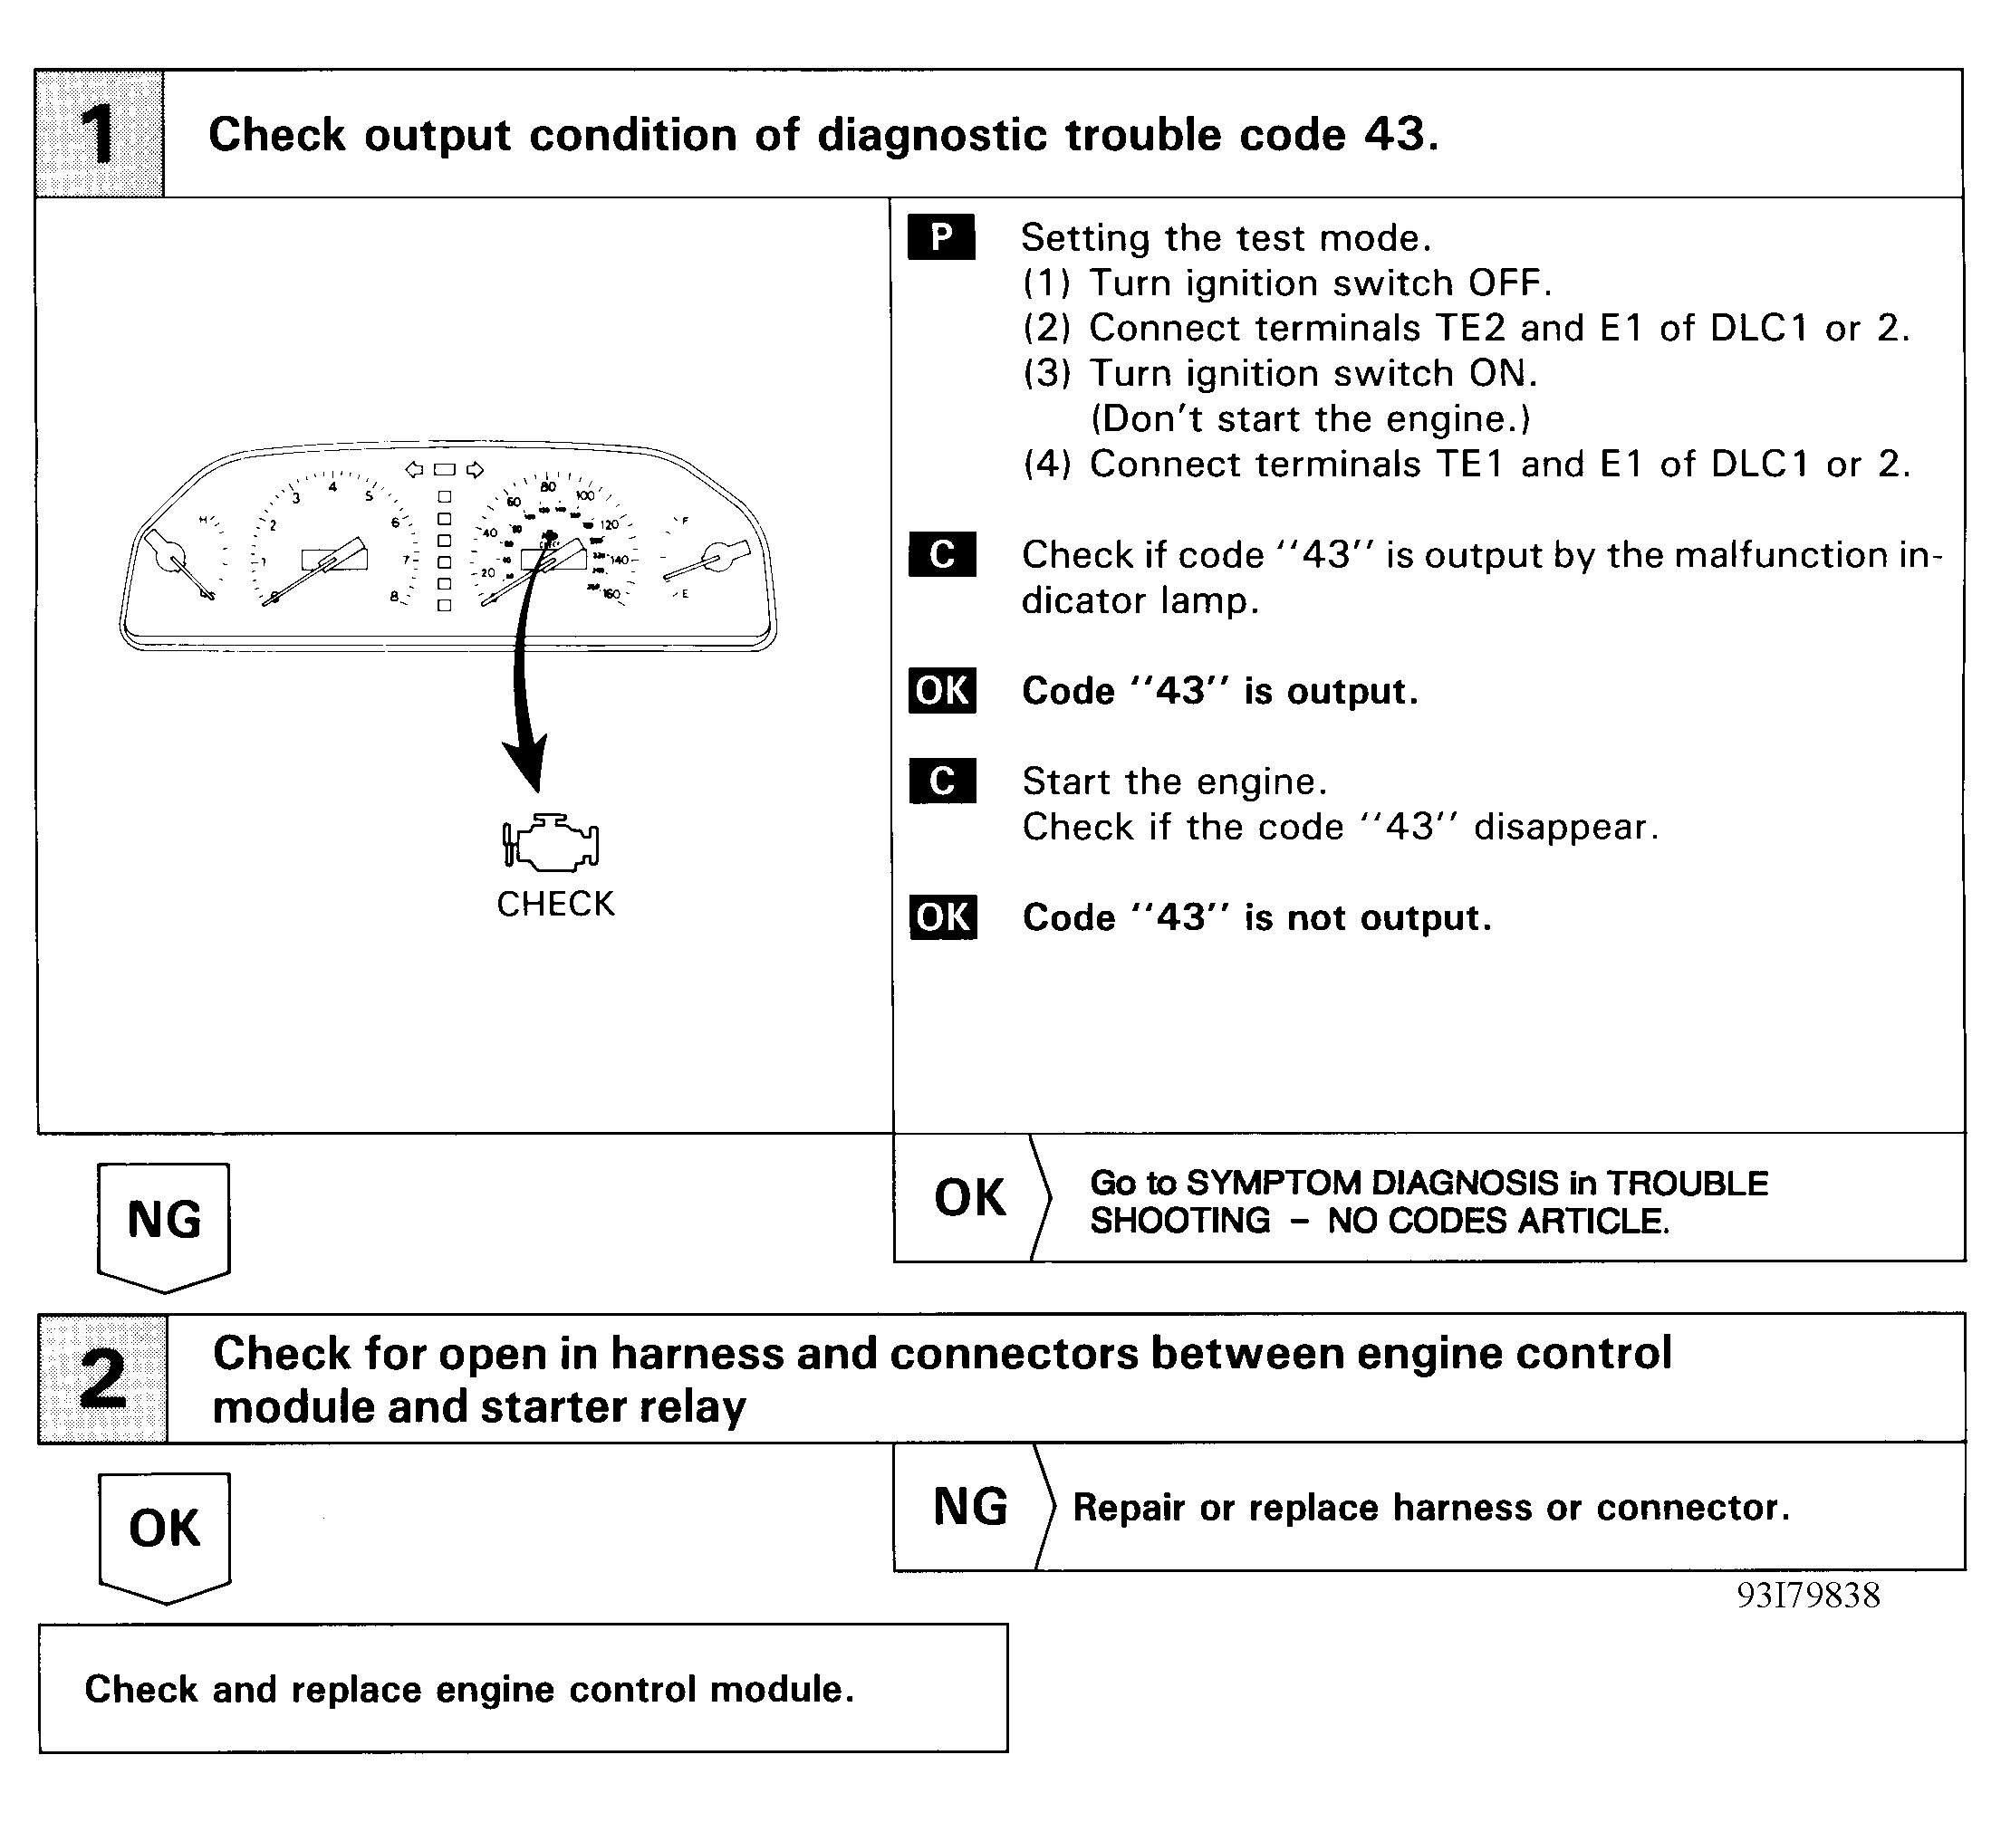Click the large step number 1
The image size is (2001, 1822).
[98, 134]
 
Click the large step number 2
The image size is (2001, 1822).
[102, 1378]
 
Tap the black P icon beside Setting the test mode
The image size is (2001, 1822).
[941, 237]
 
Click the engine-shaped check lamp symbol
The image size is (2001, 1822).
[551, 842]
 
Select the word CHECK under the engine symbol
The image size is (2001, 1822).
[555, 904]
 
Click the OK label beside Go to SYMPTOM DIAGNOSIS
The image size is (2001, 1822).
[970, 1199]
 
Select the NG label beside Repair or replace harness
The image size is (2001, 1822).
[970, 1508]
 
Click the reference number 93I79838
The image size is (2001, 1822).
[1807, 1597]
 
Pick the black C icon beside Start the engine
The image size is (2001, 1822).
[942, 781]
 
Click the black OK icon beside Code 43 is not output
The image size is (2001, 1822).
[942, 918]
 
